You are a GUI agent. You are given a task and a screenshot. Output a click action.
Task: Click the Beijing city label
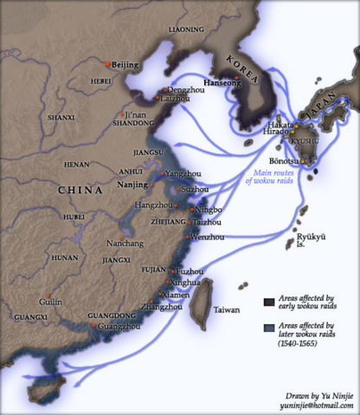pos(126,65)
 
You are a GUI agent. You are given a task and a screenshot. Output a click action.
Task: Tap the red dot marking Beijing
pos(107,64)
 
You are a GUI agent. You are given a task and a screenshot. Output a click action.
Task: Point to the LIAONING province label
pos(186,29)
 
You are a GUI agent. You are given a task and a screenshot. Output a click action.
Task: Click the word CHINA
pos(80,190)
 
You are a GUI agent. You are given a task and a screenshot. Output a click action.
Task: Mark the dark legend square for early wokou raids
pos(270,302)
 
